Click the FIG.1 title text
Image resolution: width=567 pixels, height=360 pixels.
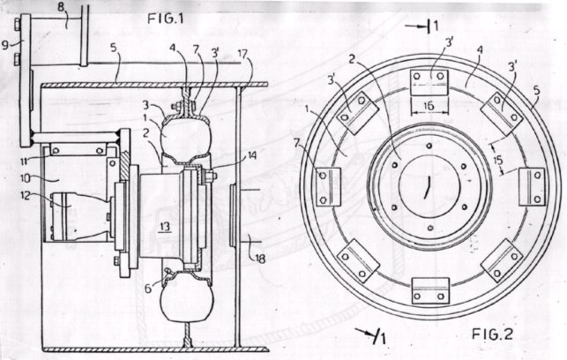[165, 19]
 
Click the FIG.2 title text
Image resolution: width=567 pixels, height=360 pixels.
[492, 334]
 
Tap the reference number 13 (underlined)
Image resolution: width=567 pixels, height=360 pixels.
[165, 228]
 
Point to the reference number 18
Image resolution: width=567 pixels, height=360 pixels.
[260, 259]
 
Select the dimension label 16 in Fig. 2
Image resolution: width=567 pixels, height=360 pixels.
[429, 106]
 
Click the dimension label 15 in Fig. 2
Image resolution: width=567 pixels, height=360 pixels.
[498, 161]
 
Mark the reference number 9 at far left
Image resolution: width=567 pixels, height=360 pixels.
[5, 45]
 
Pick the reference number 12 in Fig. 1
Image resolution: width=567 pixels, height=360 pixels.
[26, 195]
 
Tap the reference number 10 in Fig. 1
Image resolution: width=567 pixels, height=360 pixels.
[26, 178]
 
